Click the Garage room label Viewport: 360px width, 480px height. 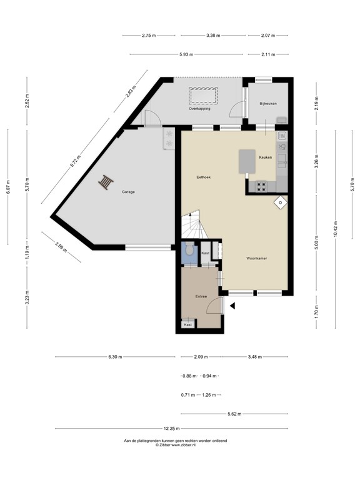pos(128,192)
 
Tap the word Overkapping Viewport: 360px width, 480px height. pos(200,109)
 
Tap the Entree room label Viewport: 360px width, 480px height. pos(201,296)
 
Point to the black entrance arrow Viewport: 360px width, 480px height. pos(232,306)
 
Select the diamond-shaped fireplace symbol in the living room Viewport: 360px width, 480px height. pos(279,201)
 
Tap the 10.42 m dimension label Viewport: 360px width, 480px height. pos(336,229)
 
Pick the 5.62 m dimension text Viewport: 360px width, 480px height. pos(234,413)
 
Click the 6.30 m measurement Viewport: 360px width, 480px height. pos(115,357)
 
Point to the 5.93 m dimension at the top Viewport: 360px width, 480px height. pos(186,54)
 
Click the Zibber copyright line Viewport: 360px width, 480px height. pos(175,444)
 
